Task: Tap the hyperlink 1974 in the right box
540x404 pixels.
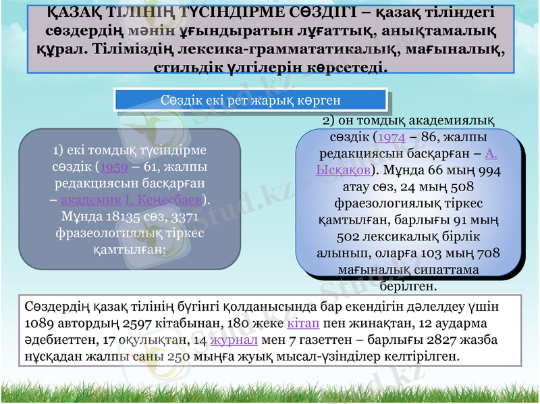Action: tap(391, 137)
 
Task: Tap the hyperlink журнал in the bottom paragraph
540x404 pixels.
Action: tap(230, 339)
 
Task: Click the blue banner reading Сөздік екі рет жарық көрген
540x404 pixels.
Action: tap(251, 100)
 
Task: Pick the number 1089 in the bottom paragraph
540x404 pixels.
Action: tap(40, 322)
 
